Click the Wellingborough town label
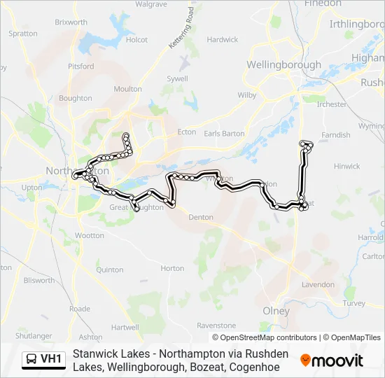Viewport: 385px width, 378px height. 283,64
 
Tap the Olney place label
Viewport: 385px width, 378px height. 275,311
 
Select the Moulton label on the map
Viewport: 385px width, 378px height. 127,89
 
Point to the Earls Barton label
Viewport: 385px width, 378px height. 224,133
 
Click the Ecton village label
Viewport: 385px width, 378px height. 187,131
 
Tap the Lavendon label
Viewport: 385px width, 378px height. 318,285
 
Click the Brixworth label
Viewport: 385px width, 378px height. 71,22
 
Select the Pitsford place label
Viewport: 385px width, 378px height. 81,66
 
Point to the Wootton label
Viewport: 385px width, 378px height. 89,236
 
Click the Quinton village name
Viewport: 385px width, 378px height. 110,269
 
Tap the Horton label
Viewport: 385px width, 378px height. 172,268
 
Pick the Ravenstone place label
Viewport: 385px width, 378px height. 216,325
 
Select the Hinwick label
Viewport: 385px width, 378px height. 346,167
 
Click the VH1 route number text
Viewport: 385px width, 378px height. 51,360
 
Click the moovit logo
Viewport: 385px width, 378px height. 331,360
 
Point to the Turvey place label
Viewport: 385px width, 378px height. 354,303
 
